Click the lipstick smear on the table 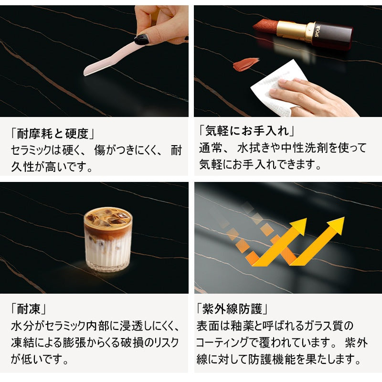[246, 64]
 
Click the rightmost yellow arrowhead [336, 225]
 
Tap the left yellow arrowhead [297, 226]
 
